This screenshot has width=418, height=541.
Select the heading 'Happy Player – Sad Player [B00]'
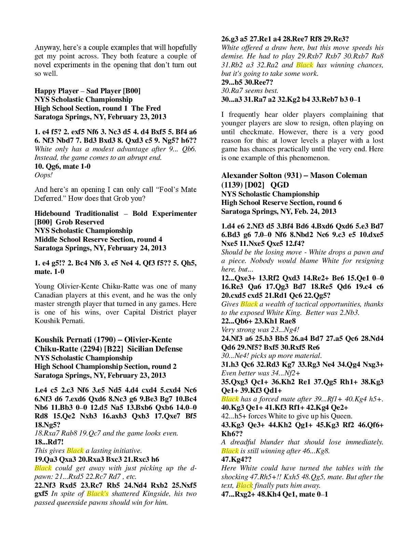pos(87,91)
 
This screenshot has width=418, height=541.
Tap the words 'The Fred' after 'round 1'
pos(146,108)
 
